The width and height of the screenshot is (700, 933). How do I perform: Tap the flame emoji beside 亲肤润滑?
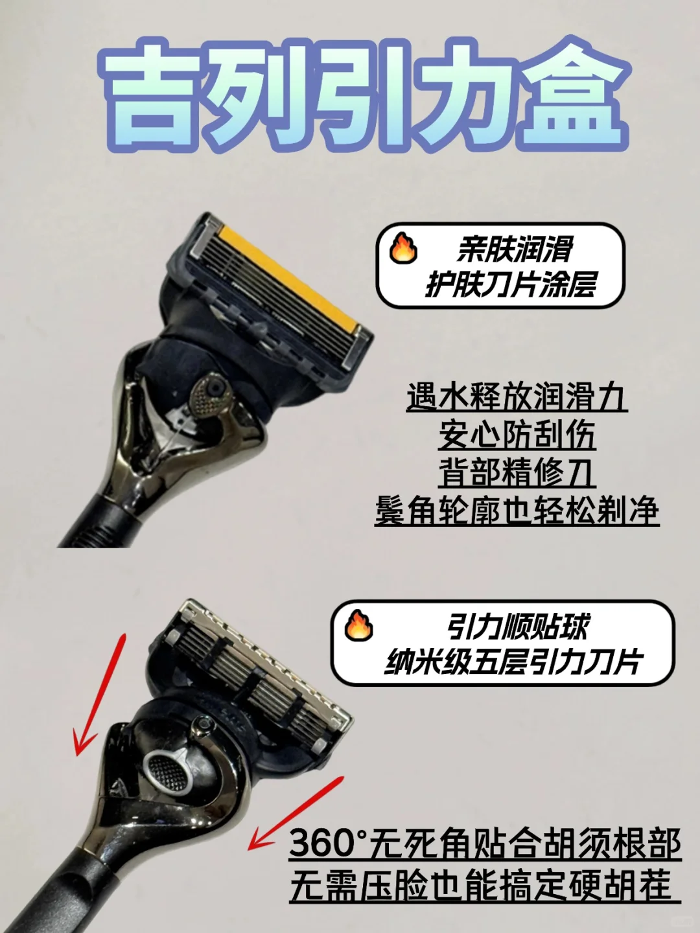pos(403,248)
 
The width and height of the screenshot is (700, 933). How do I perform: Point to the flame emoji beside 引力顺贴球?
pos(358,626)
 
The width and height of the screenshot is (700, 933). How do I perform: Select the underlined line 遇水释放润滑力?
pos(517,397)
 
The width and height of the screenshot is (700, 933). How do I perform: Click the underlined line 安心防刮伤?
pos(517,435)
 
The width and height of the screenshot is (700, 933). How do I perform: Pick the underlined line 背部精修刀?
pos(517,472)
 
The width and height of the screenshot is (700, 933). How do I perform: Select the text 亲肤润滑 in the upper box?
pos(515,249)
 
